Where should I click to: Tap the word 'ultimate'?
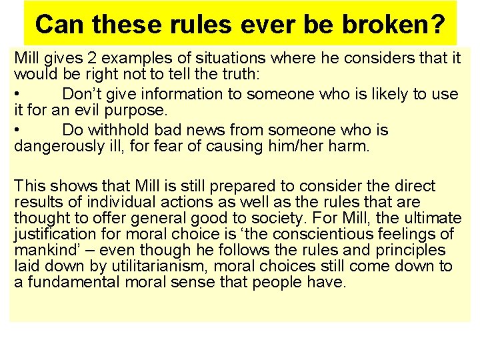(x=433, y=218)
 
